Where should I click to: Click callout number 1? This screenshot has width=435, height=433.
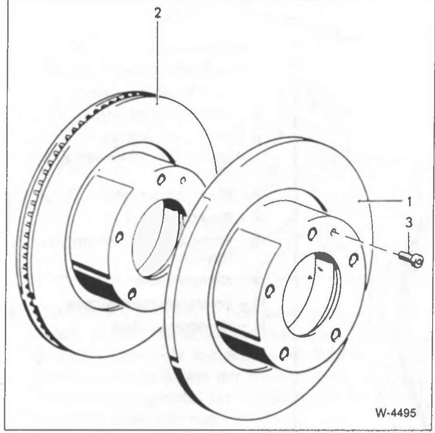tap(409, 201)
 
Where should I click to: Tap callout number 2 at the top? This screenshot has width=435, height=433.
tap(158, 13)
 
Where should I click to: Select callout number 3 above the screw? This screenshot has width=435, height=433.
tap(409, 223)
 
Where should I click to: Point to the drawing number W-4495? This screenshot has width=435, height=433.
tap(396, 413)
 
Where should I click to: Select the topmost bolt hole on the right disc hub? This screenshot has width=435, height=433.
tap(312, 234)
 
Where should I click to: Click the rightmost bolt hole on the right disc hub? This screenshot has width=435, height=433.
tap(353, 260)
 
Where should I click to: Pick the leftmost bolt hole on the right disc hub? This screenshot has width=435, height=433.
tap(270, 291)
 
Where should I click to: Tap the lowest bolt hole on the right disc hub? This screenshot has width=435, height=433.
tap(284, 354)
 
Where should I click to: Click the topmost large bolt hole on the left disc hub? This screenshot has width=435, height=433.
tap(161, 179)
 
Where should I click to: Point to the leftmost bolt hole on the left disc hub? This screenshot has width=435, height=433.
tap(119, 237)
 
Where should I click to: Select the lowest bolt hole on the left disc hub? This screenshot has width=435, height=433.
tap(132, 294)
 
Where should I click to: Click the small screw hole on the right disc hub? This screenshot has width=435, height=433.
tap(334, 233)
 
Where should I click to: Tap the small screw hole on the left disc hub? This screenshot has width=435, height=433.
tap(183, 180)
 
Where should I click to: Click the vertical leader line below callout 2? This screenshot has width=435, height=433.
tap(157, 62)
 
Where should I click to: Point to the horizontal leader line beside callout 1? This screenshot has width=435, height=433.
tap(380, 200)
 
